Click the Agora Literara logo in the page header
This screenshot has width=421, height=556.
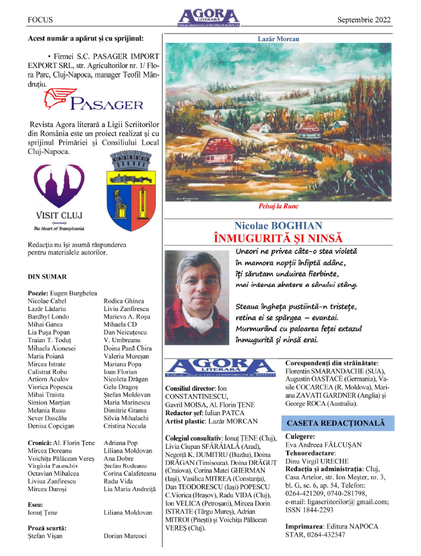pyautogui.click(x=207, y=17)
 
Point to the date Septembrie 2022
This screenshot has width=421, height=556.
pyautogui.click(x=364, y=20)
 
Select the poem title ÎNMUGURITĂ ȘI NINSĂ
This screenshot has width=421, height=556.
pyautogui.click(x=278, y=237)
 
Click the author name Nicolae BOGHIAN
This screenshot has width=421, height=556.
pyautogui.click(x=278, y=226)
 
